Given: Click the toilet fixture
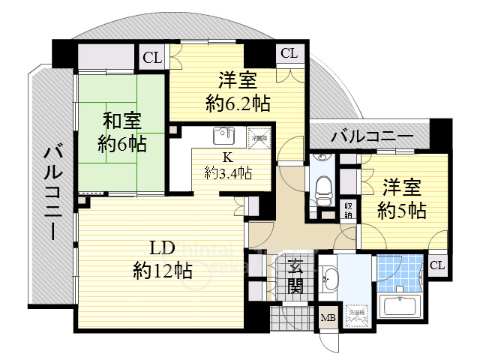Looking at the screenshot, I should point(322,183).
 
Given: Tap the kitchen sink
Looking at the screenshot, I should point(222,136).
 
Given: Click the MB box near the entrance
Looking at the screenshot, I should point(328,318).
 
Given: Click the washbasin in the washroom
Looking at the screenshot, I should point(330,280).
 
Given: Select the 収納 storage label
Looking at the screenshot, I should point(349,210).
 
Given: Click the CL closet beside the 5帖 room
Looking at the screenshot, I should point(436,264).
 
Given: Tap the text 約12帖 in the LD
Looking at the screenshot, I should point(162,269).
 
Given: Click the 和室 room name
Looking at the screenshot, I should point(121,120).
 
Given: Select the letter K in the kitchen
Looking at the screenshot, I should point(226,157).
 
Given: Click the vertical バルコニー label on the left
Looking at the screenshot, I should point(53,192).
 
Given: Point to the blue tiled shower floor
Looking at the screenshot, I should point(398,272).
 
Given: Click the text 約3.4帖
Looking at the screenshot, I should point(228,173).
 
